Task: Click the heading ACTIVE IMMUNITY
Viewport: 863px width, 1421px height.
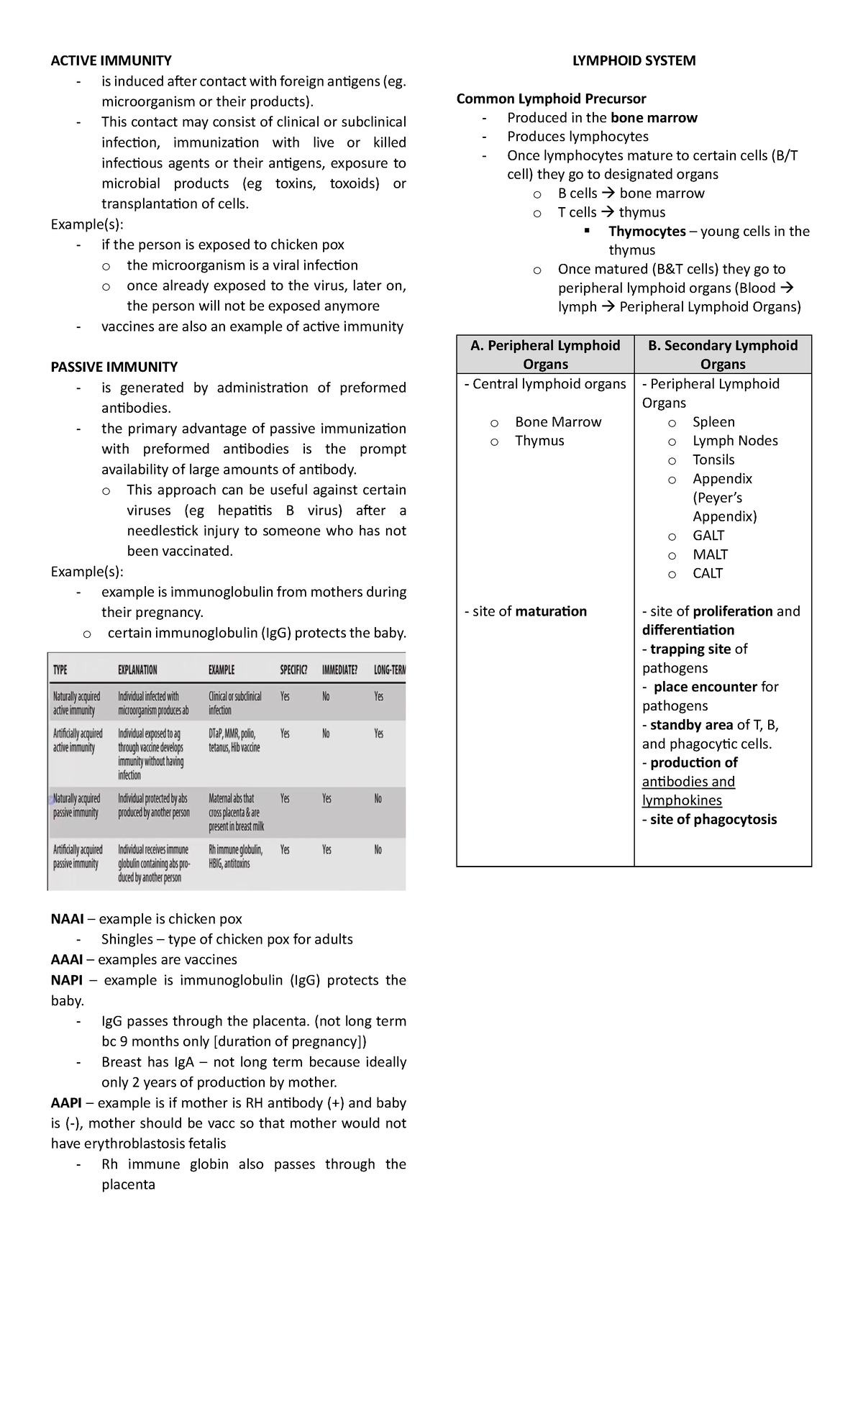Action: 111,60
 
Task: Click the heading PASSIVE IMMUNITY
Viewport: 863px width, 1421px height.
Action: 114,367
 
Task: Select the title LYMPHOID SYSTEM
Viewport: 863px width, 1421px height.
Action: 634,60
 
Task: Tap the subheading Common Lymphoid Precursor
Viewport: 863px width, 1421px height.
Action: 551,99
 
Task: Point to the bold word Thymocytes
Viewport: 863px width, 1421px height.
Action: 647,232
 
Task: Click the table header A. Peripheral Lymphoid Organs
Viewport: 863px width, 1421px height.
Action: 545,355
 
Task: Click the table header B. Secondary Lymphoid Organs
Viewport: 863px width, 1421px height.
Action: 723,355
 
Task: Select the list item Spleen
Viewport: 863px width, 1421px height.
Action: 713,422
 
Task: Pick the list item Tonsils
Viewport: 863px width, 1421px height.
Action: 713,460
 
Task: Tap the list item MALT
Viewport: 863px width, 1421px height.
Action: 710,554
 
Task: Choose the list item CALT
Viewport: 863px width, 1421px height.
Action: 708,573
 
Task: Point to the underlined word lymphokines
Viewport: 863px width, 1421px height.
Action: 682,800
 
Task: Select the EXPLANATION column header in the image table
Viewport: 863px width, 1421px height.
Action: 137,670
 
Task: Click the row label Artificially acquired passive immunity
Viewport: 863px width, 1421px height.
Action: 77,856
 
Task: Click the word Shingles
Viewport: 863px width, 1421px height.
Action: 127,939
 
